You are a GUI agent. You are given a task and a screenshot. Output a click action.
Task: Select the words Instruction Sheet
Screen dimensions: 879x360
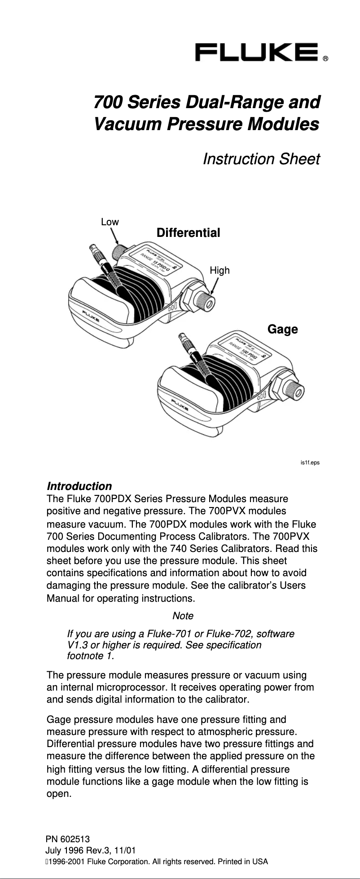[x=261, y=159]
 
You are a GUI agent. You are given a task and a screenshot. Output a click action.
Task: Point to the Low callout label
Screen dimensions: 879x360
[x=110, y=222]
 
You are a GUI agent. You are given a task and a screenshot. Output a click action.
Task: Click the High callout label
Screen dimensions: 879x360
[x=220, y=270]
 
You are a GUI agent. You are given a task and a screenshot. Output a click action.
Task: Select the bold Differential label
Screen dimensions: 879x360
[x=188, y=233]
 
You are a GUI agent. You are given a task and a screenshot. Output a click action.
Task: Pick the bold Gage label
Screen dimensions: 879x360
[x=282, y=329]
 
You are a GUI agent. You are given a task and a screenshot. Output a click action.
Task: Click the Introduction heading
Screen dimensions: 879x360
[x=79, y=486]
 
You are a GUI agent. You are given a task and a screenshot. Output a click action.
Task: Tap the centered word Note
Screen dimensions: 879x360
[x=183, y=615]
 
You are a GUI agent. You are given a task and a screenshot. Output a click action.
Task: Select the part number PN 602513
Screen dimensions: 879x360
[x=68, y=839]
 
